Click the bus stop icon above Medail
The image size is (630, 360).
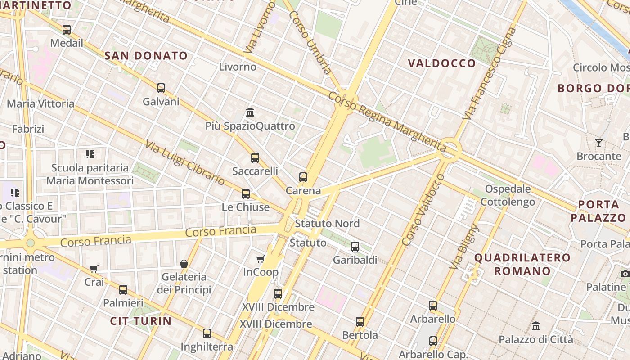[67, 30]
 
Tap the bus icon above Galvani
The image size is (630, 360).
[161, 88]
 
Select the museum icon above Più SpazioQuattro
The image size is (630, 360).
[250, 112]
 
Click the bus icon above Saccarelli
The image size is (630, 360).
[255, 158]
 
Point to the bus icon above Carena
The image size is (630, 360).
[303, 177]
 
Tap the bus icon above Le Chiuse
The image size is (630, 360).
[246, 194]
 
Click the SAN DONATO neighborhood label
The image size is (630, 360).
[146, 56]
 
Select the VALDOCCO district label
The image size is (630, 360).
[441, 63]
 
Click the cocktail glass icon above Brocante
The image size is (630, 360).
[599, 143]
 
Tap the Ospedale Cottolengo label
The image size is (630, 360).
[508, 195]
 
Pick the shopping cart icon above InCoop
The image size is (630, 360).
[260, 259]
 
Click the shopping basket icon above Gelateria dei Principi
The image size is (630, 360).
[184, 263]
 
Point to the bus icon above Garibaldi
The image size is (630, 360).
[355, 247]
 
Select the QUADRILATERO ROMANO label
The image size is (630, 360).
[522, 264]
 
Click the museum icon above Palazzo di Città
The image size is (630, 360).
[536, 326]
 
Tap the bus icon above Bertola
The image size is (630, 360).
[360, 322]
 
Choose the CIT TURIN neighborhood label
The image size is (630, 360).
[141, 321]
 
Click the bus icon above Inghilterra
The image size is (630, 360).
[207, 333]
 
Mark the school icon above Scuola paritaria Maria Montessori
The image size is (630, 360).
[90, 154]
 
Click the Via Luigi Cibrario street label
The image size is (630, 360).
[184, 162]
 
